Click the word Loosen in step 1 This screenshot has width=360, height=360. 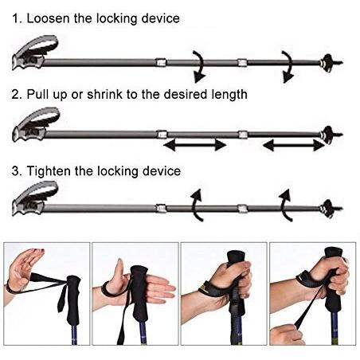(49, 18)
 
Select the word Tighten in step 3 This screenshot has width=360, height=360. (49, 171)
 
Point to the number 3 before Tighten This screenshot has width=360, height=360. (15, 171)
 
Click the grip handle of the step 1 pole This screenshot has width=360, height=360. (34, 53)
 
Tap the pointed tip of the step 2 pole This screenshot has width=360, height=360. (339, 135)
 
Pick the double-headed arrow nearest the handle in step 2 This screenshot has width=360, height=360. (194, 145)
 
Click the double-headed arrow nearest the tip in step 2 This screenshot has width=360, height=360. (294, 145)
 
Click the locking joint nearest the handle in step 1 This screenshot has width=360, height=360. (161, 63)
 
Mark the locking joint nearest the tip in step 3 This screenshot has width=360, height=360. (242, 209)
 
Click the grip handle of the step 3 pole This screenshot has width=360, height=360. (34, 198)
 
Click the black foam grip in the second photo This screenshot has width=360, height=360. (139, 293)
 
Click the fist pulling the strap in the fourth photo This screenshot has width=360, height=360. (287, 335)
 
